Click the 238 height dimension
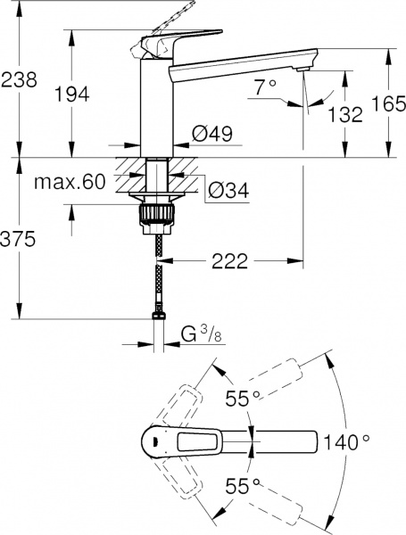point(19,79)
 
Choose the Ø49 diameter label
point(211,136)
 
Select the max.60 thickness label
point(70,183)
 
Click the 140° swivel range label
point(346,441)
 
